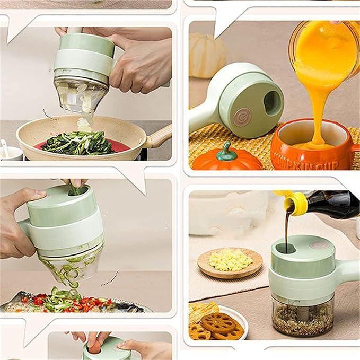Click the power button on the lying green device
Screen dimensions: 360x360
(x=242, y=116)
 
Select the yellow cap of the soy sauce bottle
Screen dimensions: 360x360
(x=294, y=201)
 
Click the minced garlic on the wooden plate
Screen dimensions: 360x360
(x=230, y=259)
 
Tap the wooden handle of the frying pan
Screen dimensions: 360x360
(x=160, y=136)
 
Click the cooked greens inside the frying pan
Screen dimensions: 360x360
(x=80, y=142)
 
